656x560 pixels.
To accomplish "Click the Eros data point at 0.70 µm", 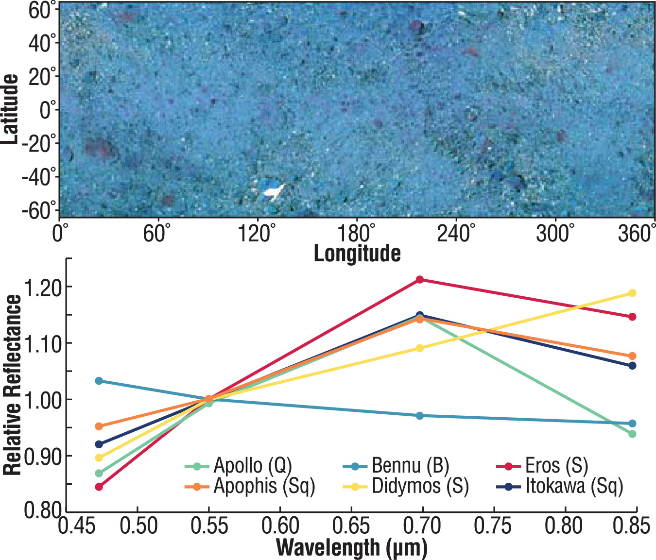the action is tap(419, 280).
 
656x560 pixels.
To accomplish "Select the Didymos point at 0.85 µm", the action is tap(632, 293).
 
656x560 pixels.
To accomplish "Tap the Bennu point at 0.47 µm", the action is tap(99, 381).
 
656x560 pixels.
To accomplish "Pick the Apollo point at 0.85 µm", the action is tap(632, 434).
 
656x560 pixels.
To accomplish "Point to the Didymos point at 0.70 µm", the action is tap(419, 348).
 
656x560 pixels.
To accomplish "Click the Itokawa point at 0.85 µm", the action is tap(632, 366).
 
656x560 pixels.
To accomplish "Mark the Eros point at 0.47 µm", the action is tap(99, 487).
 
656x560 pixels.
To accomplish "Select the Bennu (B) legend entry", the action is tap(396, 466).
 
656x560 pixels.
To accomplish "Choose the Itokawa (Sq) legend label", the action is tap(560, 486).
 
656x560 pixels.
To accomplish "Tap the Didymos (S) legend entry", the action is tap(406, 486).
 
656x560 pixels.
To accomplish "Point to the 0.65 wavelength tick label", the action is tap(351, 526).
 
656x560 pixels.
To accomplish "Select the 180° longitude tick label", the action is tap(356, 234).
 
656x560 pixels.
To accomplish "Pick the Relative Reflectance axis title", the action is tap(12, 385).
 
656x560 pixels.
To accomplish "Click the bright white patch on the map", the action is tap(273, 191).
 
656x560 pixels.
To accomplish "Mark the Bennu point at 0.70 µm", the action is tap(419, 416).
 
